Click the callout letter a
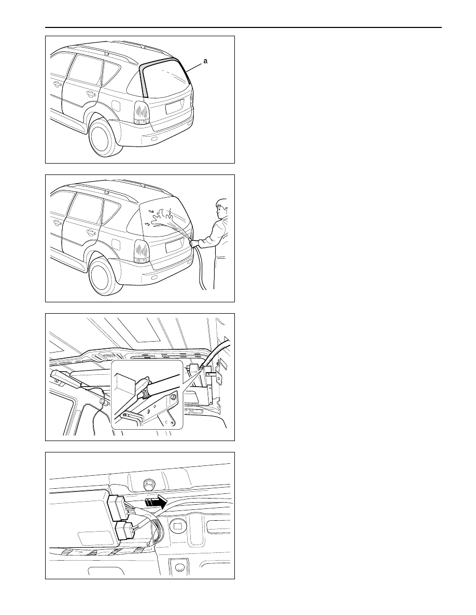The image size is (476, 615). pos(205,61)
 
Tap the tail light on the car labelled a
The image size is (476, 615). pos(142,113)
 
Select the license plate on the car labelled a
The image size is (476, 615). pos(174,106)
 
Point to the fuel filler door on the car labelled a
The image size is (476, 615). pos(117,105)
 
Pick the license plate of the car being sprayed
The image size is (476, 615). pos(174,245)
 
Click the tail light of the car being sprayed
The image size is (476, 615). pos(142,252)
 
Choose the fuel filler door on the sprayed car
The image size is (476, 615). pos(117,244)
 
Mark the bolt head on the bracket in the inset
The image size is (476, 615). pos(172,398)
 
